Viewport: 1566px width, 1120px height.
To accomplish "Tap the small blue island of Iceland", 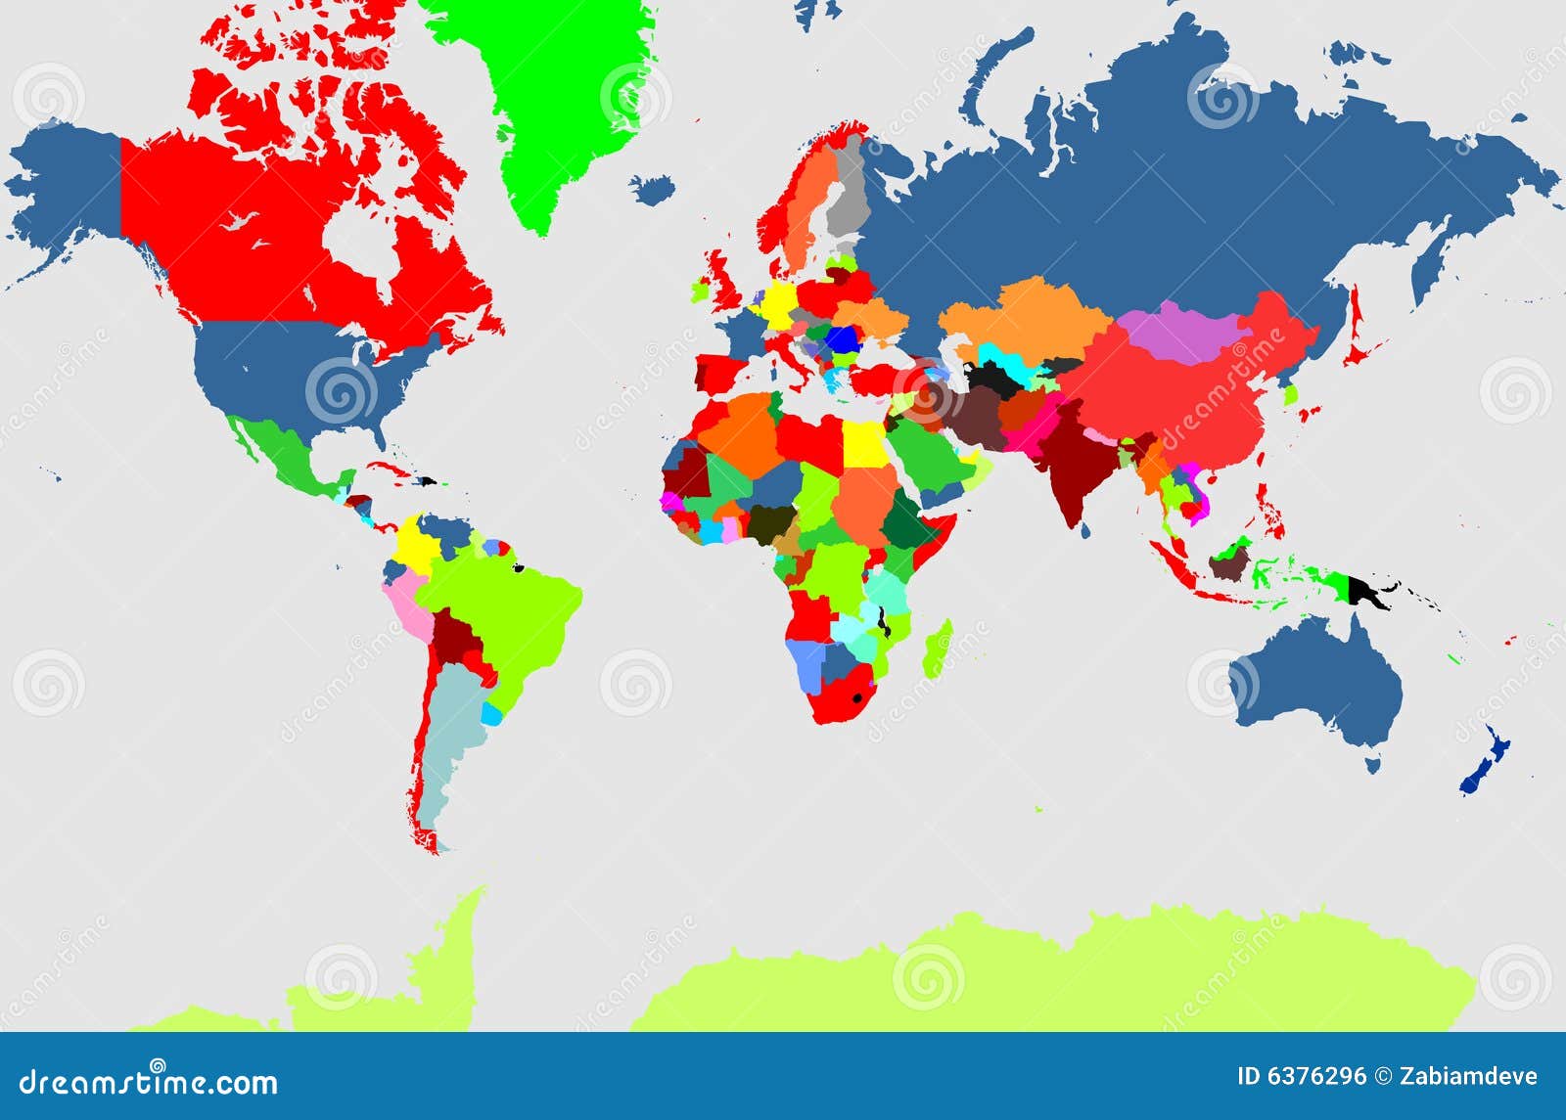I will pyautogui.click(x=653, y=188).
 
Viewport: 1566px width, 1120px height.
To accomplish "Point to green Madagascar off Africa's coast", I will pyautogui.click(x=939, y=650).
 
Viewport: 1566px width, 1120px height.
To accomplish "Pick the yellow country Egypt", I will pyautogui.click(x=863, y=444).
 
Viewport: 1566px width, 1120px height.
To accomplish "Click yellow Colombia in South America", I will pyautogui.click(x=416, y=543).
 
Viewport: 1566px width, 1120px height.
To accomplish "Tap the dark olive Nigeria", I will pyautogui.click(x=768, y=523).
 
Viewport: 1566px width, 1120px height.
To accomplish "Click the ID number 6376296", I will pyautogui.click(x=1317, y=1077).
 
